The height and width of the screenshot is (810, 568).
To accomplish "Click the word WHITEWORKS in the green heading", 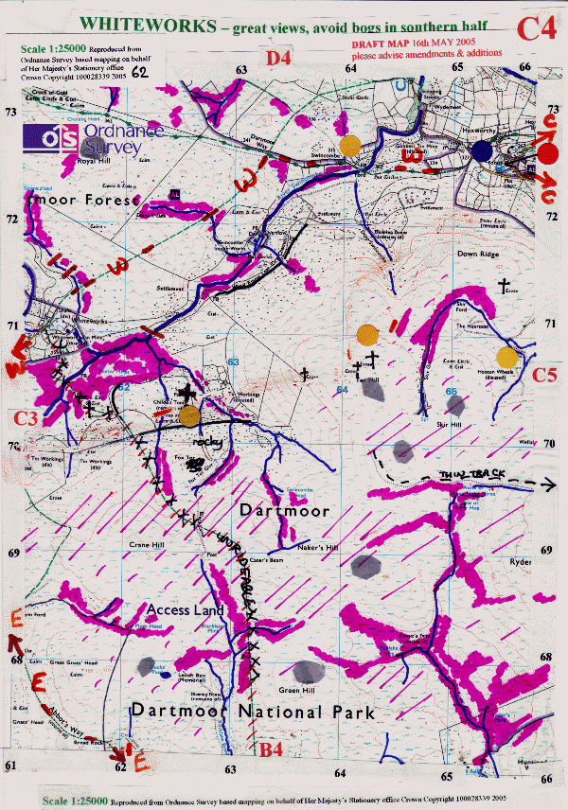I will pos(141,21).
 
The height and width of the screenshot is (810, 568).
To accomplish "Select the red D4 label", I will pos(279,59).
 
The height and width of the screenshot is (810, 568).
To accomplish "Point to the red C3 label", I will pos(27,417).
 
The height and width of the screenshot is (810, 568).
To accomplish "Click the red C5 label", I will pos(543,375).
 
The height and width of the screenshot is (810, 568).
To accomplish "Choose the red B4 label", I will pos(272,750).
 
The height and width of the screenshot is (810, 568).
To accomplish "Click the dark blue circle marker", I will pos(483,150).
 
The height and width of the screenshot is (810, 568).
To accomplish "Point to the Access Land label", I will pos(185,610).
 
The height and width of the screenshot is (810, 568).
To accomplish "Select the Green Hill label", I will pos(293,690).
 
